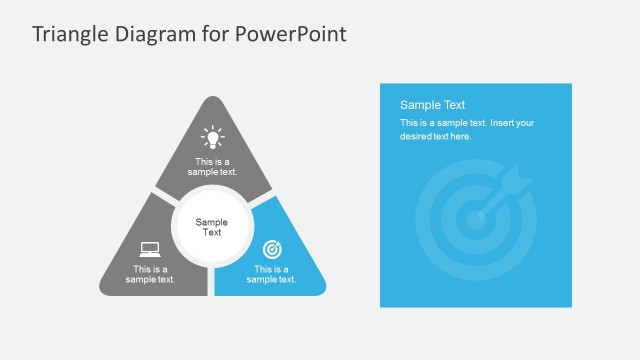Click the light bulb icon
click(212, 137)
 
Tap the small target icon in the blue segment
click(272, 248)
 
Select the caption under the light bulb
click(212, 167)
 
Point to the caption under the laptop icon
click(150, 274)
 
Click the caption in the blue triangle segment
click(272, 274)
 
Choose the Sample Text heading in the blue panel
click(433, 105)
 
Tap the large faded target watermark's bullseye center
click(474, 219)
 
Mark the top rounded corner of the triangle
click(212, 102)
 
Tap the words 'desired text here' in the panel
click(435, 136)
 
